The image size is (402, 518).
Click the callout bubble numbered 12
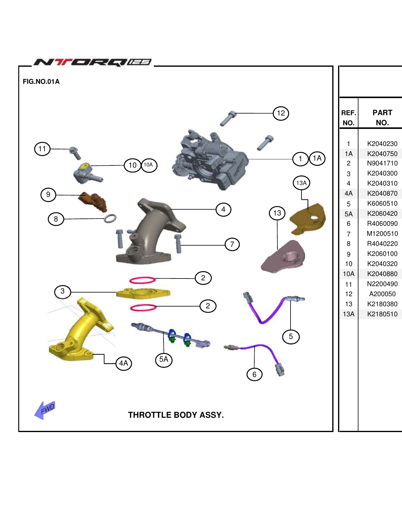tap(281, 113)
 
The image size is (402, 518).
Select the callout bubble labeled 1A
tap(317, 158)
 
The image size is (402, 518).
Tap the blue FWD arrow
tap(45, 410)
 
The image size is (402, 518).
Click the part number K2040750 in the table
tap(382, 154)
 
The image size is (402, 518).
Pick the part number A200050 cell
tap(382, 294)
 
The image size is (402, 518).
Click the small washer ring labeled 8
tap(110, 218)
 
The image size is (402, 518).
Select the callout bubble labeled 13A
tap(301, 183)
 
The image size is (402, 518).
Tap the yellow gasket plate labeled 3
tap(143, 293)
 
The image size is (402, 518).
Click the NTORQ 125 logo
tap(93, 62)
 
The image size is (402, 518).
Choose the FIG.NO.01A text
tap(41, 82)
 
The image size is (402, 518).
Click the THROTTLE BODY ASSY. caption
tap(176, 415)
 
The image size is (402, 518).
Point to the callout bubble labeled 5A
tap(164, 360)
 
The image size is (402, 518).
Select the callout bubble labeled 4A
tap(124, 363)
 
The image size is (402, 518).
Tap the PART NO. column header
tap(382, 118)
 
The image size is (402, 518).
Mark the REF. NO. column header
tap(348, 118)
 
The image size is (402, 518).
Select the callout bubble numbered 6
tap(254, 374)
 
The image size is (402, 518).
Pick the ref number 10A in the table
tap(348, 274)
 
